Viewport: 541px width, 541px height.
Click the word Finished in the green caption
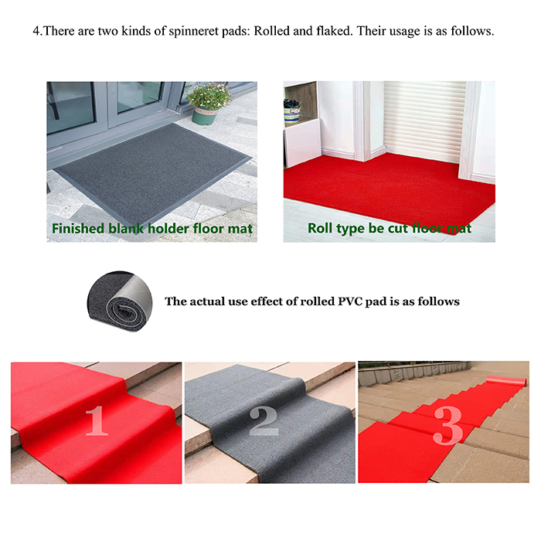point(78,229)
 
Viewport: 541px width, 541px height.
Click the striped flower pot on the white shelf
point(291,112)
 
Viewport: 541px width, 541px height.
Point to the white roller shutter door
point(425,121)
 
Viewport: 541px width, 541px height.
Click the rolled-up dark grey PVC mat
point(119,301)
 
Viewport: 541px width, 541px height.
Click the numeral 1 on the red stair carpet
point(97,420)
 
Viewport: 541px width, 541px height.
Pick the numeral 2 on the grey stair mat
point(264,420)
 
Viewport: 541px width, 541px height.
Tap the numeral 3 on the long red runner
point(447,425)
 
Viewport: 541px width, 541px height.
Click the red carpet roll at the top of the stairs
point(505,382)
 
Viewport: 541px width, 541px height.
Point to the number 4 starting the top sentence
point(36,31)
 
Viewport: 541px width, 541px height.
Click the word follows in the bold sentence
point(438,301)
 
